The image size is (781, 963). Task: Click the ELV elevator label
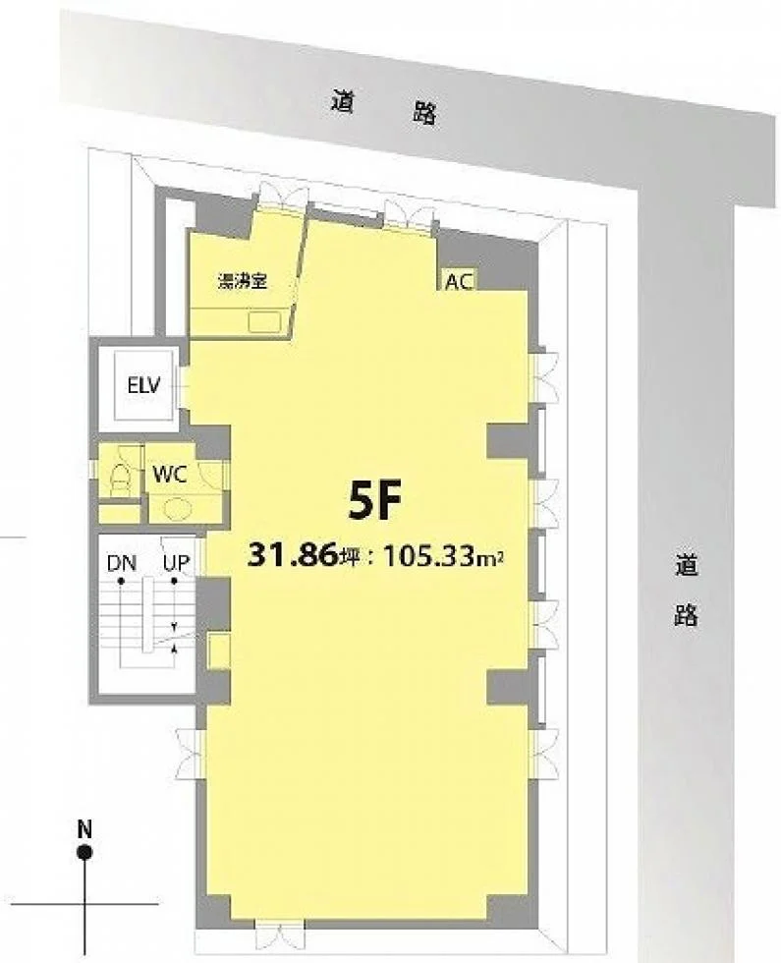(143, 385)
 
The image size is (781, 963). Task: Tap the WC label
(170, 474)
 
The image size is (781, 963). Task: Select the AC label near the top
(460, 282)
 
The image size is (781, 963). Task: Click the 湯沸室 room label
(243, 282)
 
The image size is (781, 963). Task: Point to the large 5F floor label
(374, 500)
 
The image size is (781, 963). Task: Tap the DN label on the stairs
(122, 563)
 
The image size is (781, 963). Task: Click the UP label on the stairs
(176, 563)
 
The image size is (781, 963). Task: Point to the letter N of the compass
(84, 829)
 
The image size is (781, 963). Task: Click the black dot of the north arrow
(84, 853)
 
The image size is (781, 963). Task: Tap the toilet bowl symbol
(119, 478)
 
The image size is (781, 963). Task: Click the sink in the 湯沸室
(264, 321)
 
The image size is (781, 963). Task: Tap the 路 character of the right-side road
(687, 614)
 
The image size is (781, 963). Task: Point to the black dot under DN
(122, 581)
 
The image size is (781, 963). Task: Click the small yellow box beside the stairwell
(219, 651)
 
